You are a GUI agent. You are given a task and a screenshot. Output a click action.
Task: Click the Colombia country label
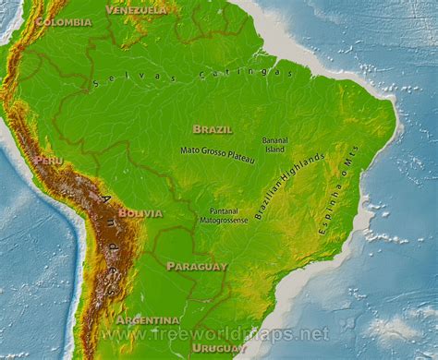[x=63, y=21]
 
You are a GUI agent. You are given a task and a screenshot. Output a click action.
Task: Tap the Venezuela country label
[x=137, y=9]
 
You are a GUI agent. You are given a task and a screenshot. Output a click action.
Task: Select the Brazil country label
[x=212, y=129]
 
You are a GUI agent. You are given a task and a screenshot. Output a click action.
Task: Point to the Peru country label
[x=48, y=160]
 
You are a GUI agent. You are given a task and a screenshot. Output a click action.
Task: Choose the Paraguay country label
[x=196, y=266]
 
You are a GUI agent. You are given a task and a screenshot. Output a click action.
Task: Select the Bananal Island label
[x=275, y=144]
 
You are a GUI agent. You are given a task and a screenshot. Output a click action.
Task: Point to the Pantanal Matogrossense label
[x=223, y=215]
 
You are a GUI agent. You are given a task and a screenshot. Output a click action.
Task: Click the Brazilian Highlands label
[x=289, y=186]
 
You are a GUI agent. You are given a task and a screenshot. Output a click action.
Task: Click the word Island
[x=274, y=150]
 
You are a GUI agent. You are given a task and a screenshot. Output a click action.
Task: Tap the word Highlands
[x=305, y=172]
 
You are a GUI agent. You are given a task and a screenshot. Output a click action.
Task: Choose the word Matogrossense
[x=223, y=221]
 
